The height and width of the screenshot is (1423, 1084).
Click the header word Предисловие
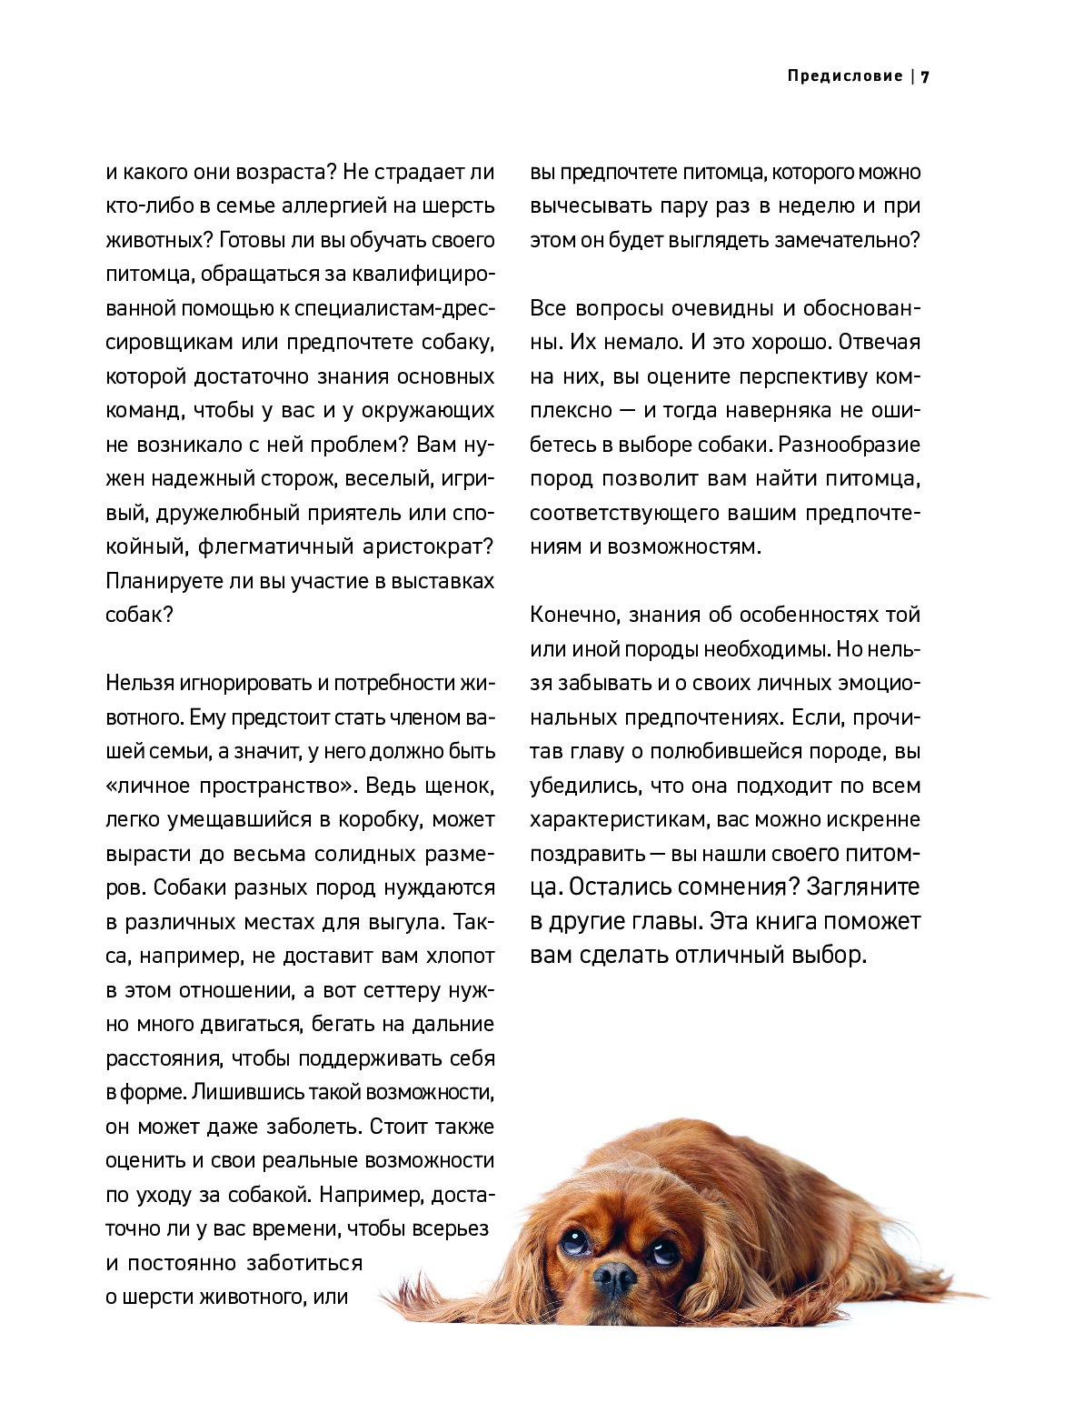click(x=844, y=76)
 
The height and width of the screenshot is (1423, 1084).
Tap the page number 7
click(x=925, y=77)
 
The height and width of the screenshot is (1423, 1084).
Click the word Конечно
click(x=574, y=615)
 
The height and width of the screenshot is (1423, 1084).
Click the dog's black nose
click(x=615, y=1278)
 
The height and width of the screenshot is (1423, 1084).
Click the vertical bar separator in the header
click(x=912, y=76)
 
